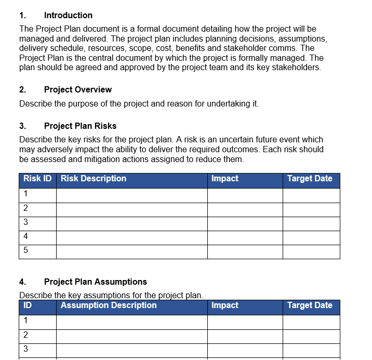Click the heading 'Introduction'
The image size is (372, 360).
(68, 16)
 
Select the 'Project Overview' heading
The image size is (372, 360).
(77, 90)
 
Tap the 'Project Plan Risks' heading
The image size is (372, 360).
(80, 126)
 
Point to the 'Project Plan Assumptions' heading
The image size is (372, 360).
(95, 282)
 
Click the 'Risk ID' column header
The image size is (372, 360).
(37, 179)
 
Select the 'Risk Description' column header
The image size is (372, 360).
(94, 179)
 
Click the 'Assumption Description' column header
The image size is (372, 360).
(109, 305)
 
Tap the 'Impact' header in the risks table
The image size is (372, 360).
(225, 179)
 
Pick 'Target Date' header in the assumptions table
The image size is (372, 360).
(310, 305)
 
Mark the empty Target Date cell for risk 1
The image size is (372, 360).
(311, 195)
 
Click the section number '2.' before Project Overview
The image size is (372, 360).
(23, 90)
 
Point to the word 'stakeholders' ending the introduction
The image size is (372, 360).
(296, 68)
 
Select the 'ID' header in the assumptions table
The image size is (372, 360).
(28, 305)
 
